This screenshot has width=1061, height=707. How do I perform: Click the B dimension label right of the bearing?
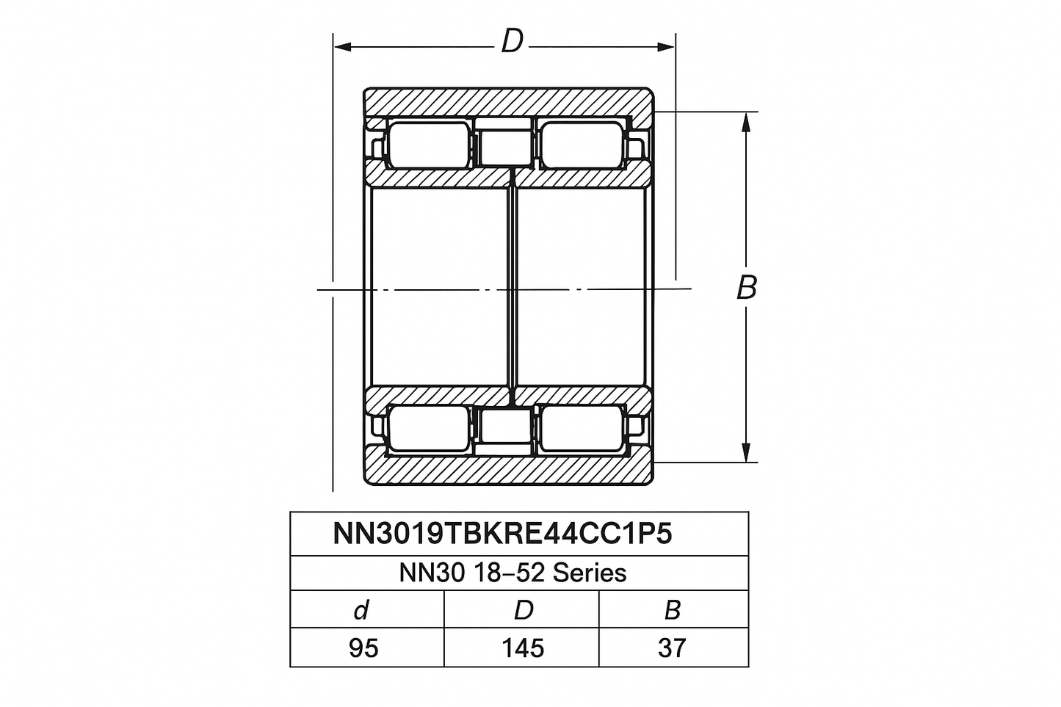(x=747, y=287)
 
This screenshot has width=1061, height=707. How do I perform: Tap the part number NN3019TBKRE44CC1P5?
(x=502, y=534)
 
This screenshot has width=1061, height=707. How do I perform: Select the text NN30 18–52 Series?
(x=513, y=573)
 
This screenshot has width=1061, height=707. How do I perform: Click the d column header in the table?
(x=361, y=609)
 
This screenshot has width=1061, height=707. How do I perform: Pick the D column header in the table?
(x=524, y=610)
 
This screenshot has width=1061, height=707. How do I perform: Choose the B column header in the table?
(x=673, y=610)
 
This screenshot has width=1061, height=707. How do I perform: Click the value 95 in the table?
(x=363, y=648)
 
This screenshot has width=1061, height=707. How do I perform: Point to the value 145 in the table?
(x=523, y=648)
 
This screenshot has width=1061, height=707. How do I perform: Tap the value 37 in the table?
(x=672, y=648)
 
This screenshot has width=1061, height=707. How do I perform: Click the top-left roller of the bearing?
(x=429, y=145)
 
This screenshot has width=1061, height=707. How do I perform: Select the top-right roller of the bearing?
(x=582, y=145)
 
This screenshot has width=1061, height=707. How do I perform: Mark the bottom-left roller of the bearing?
(x=429, y=428)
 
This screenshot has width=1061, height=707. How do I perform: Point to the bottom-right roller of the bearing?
(x=582, y=428)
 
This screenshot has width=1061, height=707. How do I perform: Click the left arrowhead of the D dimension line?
(x=342, y=46)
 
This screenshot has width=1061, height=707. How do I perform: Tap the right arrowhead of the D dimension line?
(x=665, y=46)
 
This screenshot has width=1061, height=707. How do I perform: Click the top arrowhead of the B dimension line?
(x=746, y=122)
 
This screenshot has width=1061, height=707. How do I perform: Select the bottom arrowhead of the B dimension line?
(x=746, y=452)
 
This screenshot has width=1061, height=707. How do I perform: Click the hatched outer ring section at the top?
(x=508, y=105)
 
